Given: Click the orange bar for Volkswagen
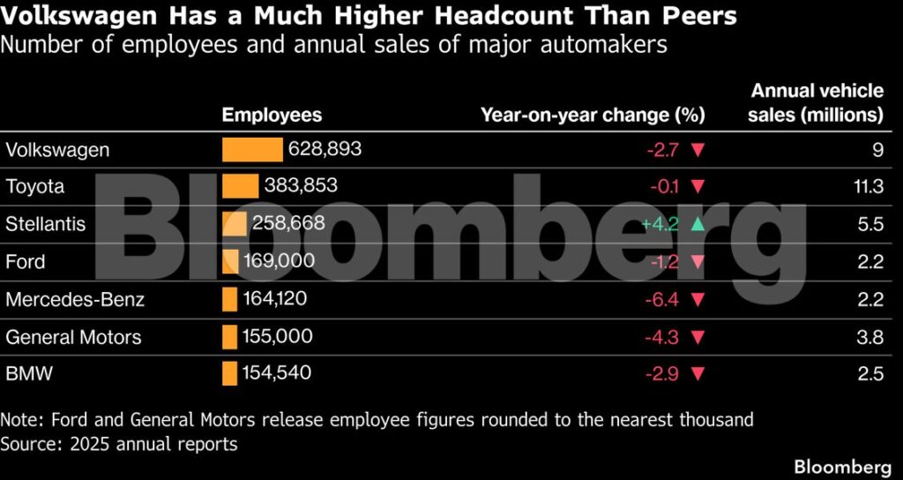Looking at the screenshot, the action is click(252, 149).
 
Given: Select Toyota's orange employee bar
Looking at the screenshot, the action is click(240, 186).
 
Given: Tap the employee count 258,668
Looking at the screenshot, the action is click(288, 223).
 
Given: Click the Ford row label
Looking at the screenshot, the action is click(26, 261).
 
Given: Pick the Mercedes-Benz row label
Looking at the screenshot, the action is click(75, 299).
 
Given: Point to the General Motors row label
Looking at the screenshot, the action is click(73, 336).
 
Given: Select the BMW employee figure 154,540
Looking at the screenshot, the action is click(277, 373).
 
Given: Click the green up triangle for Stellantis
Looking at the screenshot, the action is click(698, 224).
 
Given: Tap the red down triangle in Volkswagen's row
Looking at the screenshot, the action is click(698, 150).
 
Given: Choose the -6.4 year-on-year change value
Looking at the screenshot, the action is click(662, 300).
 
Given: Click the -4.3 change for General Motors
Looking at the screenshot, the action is click(662, 337).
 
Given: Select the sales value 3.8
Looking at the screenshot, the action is click(869, 337).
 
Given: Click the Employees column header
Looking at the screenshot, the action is click(272, 116).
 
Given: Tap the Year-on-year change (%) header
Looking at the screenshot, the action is click(593, 116).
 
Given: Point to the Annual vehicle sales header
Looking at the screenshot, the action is click(815, 103).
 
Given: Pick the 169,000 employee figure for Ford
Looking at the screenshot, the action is click(280, 260).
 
